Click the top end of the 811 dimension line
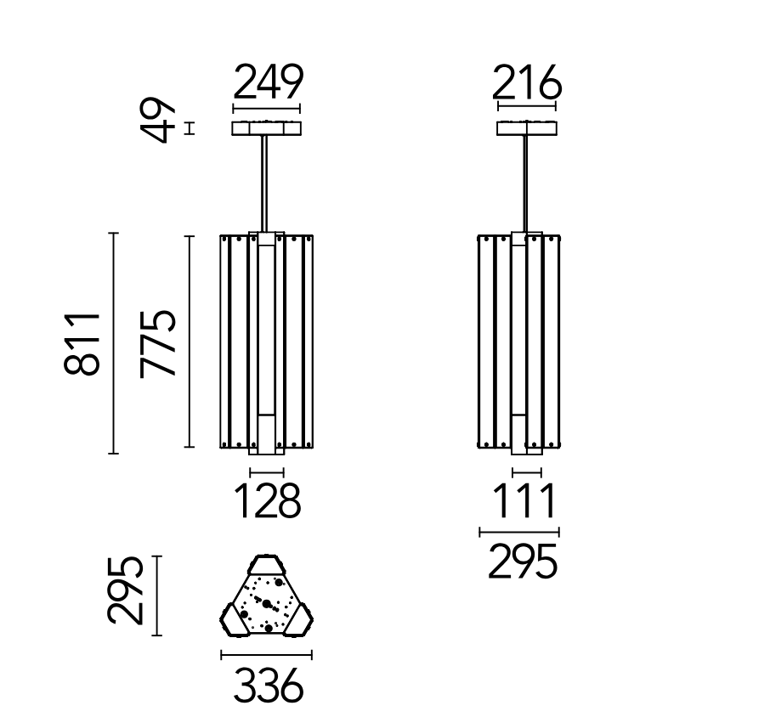tap(113, 233)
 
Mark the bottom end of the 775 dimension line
tap(189, 447)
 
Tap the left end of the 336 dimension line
tap(222, 655)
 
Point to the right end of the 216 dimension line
tap(555, 105)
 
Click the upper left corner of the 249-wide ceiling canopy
tap(233, 122)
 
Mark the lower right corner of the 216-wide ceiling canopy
tap(557, 134)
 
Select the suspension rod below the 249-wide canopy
tap(264, 183)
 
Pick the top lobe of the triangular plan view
tap(266, 565)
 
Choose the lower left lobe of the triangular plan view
tap(235, 620)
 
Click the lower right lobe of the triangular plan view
tap(297, 620)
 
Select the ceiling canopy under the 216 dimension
tap(527, 128)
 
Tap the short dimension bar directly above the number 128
tap(267, 472)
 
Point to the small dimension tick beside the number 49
tap(190, 128)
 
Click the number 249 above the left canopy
tap(268, 82)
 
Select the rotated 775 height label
tap(157, 343)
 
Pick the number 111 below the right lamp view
tap(524, 500)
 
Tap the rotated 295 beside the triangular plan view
tap(125, 590)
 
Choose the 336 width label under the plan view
tap(268, 685)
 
